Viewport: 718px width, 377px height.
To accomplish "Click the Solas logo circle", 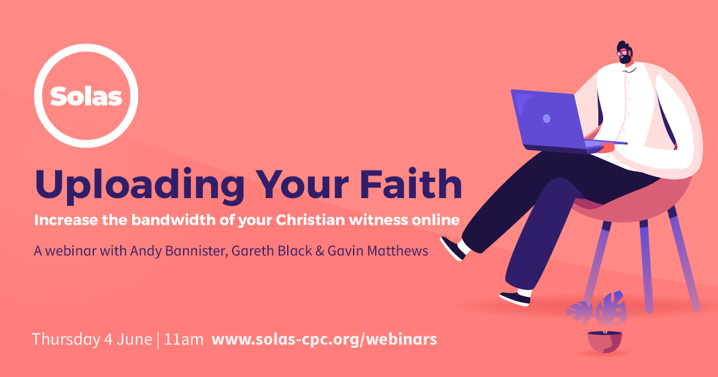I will point(86,95).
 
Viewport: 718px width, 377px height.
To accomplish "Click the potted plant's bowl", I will point(604,341).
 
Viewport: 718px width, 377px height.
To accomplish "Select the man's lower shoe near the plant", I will point(515,297).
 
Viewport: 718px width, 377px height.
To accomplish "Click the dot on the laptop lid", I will point(546,118).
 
